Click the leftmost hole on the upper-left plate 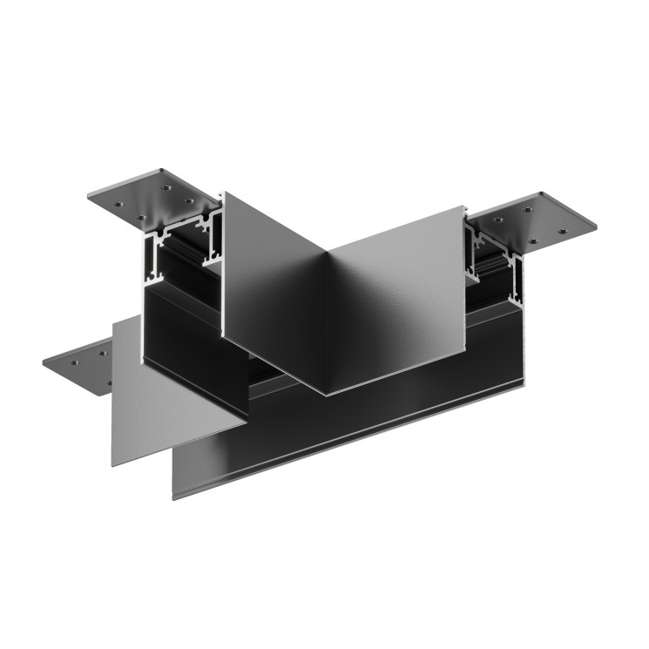114,197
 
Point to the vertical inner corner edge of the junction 327,322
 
